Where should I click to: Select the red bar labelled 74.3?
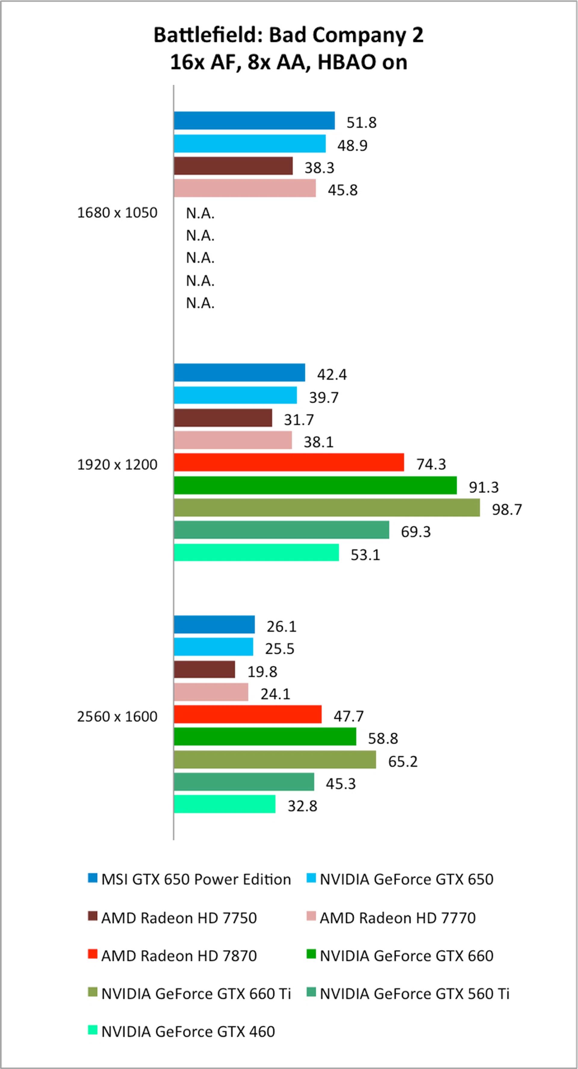[289, 463]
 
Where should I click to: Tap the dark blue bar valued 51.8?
[254, 121]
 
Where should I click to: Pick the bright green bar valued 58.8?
[265, 737]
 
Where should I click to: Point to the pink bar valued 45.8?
[244, 188]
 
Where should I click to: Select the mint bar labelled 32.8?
[224, 804]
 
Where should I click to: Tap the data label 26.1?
[281, 626]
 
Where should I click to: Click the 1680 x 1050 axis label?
[117, 212]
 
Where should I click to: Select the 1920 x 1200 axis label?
[117, 464]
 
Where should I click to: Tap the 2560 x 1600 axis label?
[117, 716]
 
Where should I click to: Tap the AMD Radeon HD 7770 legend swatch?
[311, 916]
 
